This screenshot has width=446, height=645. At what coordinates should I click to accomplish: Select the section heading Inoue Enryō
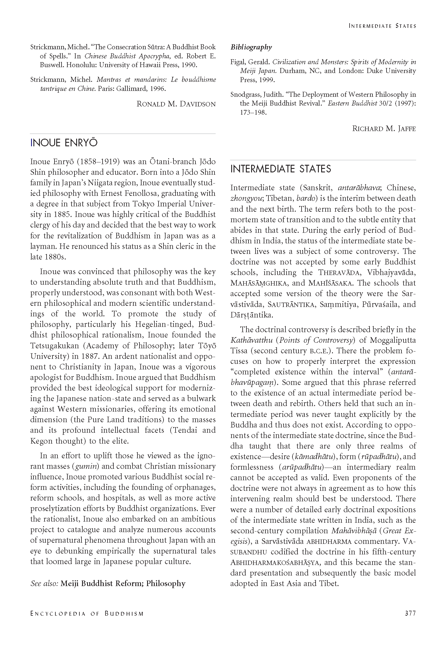click(64, 143)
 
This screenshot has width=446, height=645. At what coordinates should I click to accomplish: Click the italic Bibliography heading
click(251, 47)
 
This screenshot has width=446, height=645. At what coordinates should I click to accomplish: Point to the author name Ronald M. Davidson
click(176, 104)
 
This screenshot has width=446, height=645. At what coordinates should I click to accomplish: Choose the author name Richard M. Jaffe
click(384, 128)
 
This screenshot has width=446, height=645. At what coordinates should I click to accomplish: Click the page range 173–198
click(248, 112)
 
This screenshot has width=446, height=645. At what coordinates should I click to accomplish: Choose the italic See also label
click(44, 583)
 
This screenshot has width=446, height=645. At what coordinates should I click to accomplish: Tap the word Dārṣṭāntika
click(251, 315)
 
